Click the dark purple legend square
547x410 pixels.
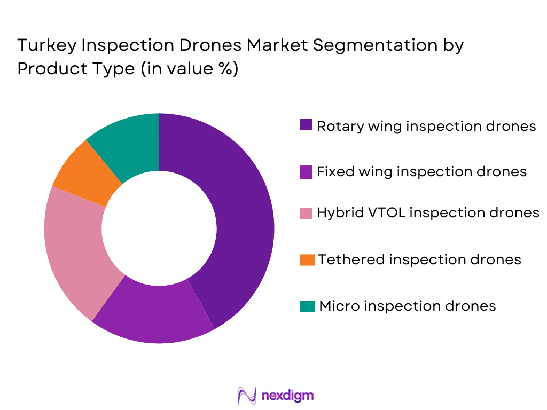pos(306,125)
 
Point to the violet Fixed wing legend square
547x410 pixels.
pos(306,171)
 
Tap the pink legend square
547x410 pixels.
pos(306,212)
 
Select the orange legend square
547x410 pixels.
pos(306,259)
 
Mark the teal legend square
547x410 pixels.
pos(306,305)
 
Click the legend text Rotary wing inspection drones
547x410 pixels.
pos(426,126)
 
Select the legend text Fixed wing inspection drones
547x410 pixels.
pos(421,172)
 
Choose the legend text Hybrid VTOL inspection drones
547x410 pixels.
pos(428,213)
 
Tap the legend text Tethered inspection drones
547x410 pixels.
pos(419,259)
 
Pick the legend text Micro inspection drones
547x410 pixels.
pos(408,306)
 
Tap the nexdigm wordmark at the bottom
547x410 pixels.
pos(287,395)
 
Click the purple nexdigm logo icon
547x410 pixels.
pos(247,395)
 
